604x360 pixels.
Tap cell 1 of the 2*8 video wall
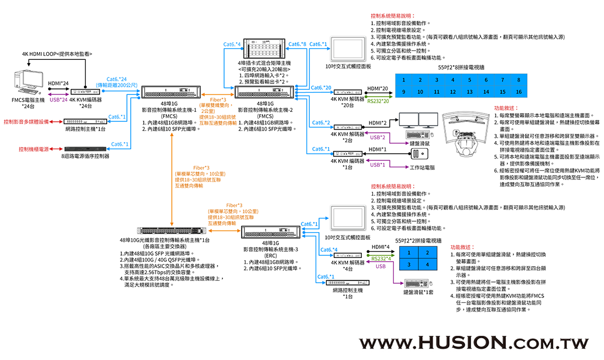click(x=404, y=80)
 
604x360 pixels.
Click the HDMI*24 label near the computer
click(x=58, y=83)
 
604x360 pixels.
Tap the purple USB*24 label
click(x=58, y=100)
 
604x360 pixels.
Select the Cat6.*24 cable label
click(x=115, y=79)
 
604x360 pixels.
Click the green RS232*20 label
click(x=378, y=100)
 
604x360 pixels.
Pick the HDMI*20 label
click(x=378, y=88)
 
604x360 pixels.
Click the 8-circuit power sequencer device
click(x=85, y=149)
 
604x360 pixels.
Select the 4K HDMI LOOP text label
click(x=57, y=54)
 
